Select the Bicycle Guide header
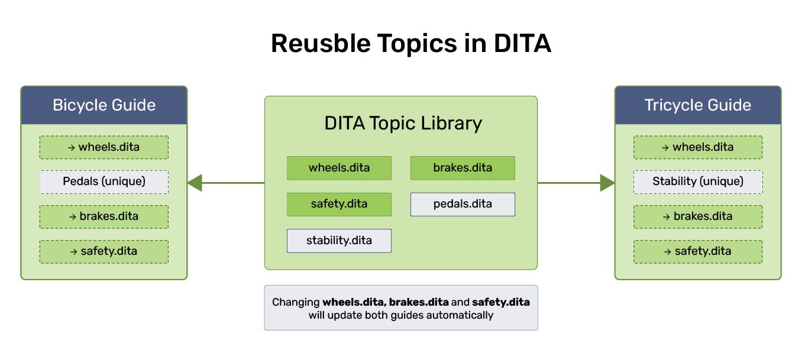(x=104, y=105)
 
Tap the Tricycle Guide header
(x=698, y=105)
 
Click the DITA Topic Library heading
(x=403, y=124)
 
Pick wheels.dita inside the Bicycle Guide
(x=104, y=147)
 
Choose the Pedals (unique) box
(x=104, y=181)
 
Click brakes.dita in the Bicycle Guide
(x=104, y=216)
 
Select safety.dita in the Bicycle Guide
(x=104, y=251)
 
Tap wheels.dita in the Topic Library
(x=339, y=168)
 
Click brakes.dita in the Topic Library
(x=463, y=168)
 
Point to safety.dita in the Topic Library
(x=339, y=204)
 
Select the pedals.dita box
(x=463, y=204)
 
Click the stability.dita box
(x=339, y=241)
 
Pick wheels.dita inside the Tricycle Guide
(x=698, y=147)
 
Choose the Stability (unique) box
(x=698, y=181)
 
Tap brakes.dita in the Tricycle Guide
(x=698, y=216)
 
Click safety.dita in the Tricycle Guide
(x=698, y=251)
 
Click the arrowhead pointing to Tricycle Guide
(x=607, y=183)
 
